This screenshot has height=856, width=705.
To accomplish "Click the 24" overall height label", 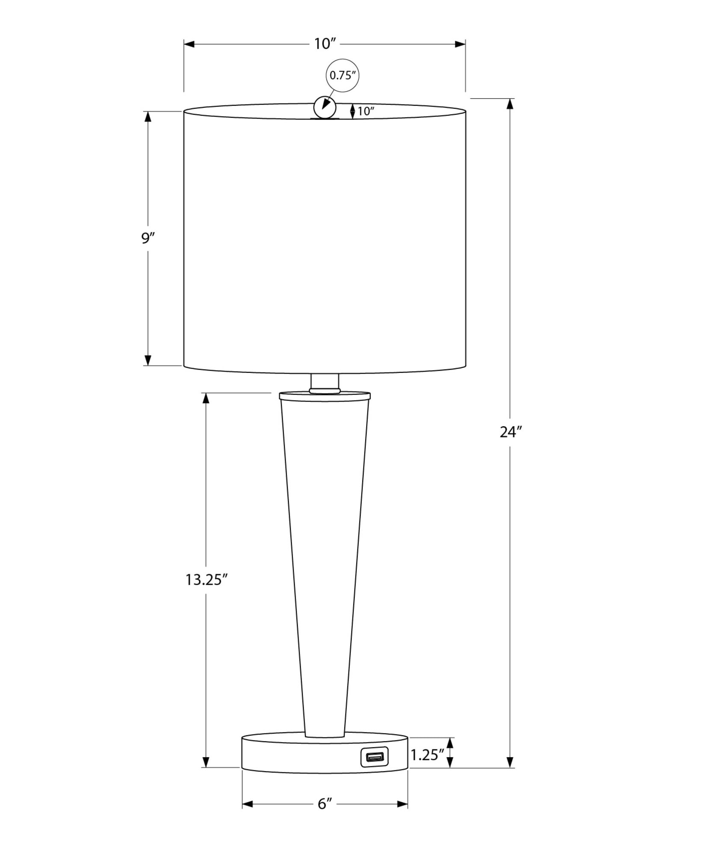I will [x=511, y=432].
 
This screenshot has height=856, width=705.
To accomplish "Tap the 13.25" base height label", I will [x=206, y=580].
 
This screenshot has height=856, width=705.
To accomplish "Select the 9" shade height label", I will [x=148, y=238].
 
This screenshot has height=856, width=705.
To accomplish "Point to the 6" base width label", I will [x=325, y=804].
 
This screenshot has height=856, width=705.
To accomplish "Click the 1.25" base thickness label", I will [x=427, y=755].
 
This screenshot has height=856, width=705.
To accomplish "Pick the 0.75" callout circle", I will [x=342, y=76].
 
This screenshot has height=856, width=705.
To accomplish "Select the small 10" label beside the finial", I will [x=366, y=112].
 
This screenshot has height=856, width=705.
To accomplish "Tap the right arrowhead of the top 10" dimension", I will [x=460, y=44].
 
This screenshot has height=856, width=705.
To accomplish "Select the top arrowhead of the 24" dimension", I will [x=509, y=104].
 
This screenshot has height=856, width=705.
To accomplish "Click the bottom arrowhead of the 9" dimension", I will [x=148, y=360].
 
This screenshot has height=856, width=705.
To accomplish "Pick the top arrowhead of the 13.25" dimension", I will [x=206, y=398].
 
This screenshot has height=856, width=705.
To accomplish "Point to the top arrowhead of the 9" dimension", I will [x=148, y=116].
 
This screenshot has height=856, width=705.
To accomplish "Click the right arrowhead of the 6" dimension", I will [x=403, y=804].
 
